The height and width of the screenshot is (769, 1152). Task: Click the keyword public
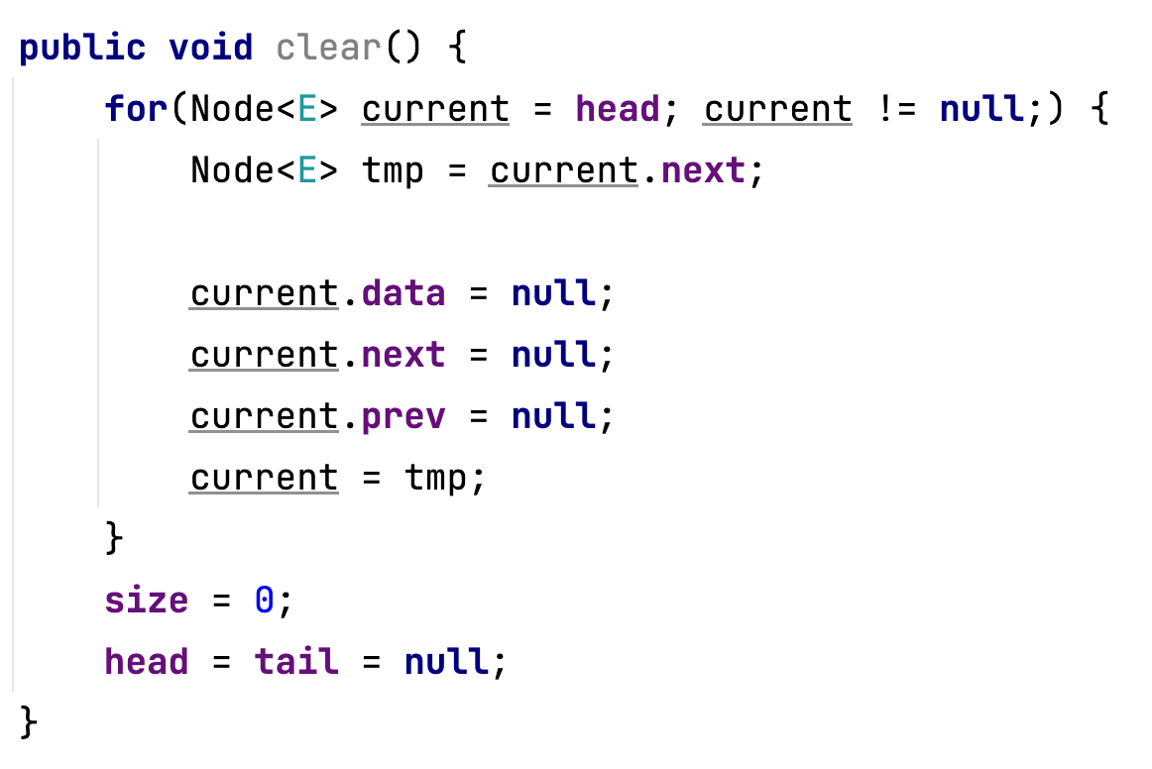pos(82,47)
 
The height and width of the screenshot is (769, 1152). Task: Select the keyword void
pos(210,47)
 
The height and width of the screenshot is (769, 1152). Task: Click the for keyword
pos(136,108)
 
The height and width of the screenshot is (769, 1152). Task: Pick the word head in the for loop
pos(618,108)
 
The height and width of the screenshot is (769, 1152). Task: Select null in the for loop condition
pos(981,108)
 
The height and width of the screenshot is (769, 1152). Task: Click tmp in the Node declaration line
pos(393,170)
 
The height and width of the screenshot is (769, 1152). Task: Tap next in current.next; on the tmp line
pos(702,170)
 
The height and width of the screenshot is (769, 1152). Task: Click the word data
pos(403,293)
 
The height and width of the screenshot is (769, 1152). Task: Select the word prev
pos(403,416)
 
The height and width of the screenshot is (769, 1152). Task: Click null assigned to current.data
pos(553,293)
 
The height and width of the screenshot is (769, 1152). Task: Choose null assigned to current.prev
pos(553,416)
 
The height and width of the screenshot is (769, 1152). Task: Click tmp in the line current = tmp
pos(435,479)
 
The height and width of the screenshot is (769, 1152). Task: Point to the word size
pos(147,601)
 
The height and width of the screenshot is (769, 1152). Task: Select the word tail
pos(296,661)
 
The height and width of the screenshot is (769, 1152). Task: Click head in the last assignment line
pos(147,661)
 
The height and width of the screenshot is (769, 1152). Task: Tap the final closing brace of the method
pos(29,722)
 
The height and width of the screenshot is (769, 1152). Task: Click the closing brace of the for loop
pos(114,539)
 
